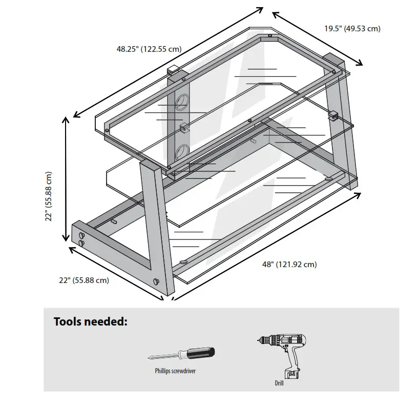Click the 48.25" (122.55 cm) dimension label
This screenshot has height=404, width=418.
tap(149, 49)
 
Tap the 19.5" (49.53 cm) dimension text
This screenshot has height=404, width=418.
tap(352, 29)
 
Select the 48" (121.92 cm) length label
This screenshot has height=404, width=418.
tap(289, 265)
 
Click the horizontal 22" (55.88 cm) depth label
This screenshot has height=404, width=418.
tap(83, 280)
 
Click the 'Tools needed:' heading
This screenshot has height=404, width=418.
tap(90, 322)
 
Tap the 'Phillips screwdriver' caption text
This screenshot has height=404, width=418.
tap(175, 371)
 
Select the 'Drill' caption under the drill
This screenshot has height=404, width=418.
tap(279, 382)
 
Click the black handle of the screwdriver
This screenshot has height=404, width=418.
tap(200, 353)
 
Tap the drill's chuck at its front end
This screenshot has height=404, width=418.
tap(260, 340)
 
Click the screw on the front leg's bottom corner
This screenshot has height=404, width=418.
tap(157, 282)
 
